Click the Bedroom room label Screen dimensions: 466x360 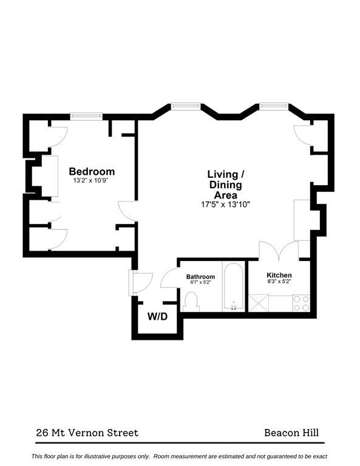click(91, 171)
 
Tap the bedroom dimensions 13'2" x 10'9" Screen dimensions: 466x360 click(91, 180)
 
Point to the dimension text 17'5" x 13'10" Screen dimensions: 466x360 click(226, 204)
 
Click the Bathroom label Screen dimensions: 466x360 click(200, 277)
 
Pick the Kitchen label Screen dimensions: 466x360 click(279, 275)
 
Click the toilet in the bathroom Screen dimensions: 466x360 click(192, 300)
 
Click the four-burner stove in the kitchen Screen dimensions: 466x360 click(301, 303)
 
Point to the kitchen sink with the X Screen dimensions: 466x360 click(257, 303)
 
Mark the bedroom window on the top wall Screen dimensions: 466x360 click(86, 116)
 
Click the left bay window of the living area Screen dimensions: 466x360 click(185, 106)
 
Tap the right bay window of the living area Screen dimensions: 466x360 click(274, 106)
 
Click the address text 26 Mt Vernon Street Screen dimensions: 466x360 click(86, 433)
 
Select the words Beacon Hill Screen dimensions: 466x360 click(291, 433)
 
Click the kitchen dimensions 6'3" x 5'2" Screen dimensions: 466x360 click(279, 282)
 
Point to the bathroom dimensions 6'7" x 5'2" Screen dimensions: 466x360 click(200, 283)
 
